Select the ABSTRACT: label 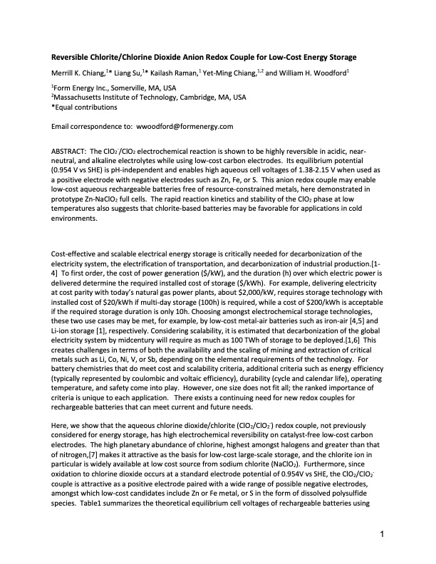(x=73, y=152)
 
